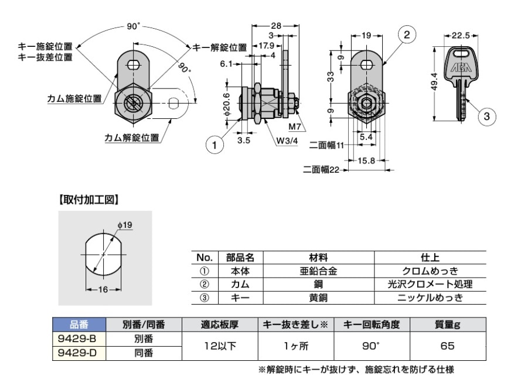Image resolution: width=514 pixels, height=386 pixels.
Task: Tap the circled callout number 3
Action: coord(485,117)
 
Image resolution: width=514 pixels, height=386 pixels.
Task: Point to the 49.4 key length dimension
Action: coord(434,84)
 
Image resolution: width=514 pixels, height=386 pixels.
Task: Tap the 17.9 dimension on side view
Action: coord(267,46)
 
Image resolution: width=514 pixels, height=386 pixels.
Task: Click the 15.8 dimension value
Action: coord(366,160)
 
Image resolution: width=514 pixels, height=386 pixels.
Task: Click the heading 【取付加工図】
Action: coord(88,200)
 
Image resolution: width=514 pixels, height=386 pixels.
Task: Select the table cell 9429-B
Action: coord(78,339)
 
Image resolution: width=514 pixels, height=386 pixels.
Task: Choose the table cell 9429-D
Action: coord(78,353)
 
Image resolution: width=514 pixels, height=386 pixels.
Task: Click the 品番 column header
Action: coord(78,324)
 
